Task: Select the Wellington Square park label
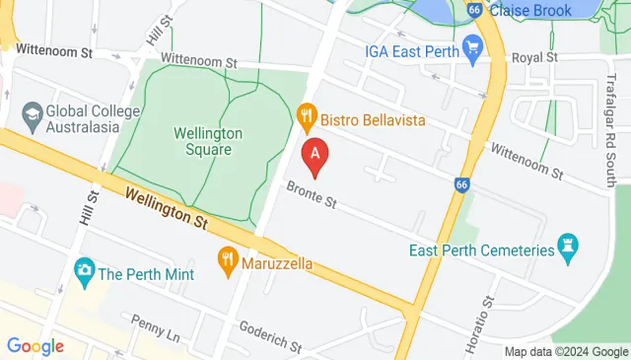(202, 140)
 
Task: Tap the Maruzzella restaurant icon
(228, 262)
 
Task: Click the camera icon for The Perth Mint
(85, 268)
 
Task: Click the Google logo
(35, 345)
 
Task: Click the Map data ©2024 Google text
(566, 351)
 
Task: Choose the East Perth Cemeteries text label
(481, 251)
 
